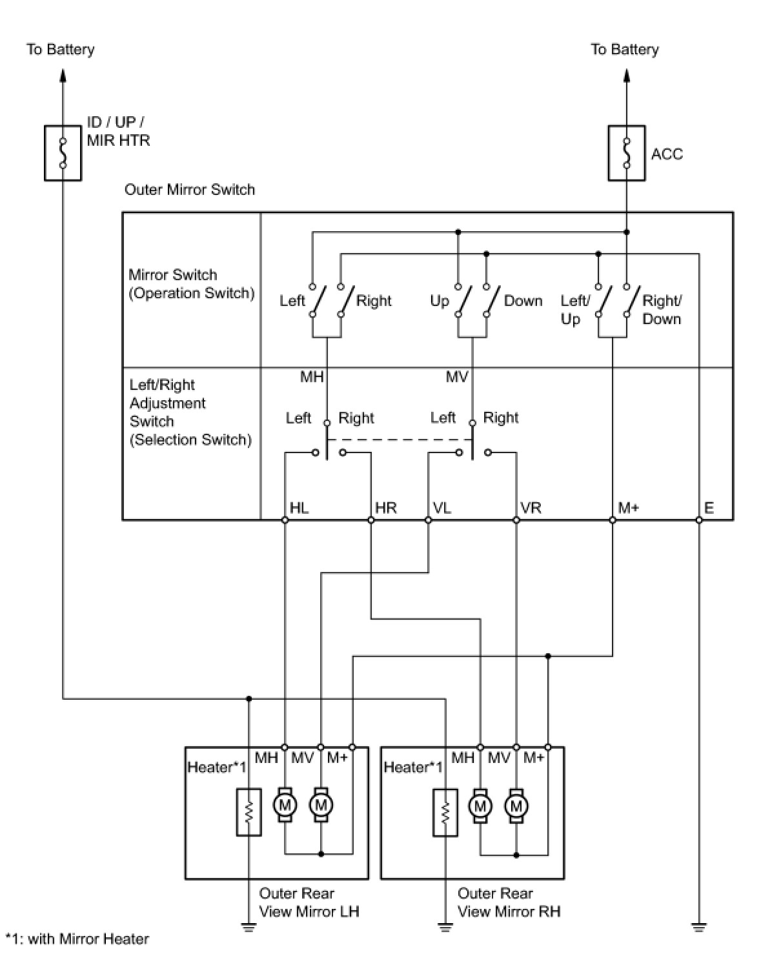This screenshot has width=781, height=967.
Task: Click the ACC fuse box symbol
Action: point(626,153)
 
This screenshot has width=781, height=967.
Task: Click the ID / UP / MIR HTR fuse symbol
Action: point(63,153)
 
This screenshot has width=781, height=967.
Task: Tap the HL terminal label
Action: point(299,507)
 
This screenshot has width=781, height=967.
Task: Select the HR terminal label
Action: point(386,507)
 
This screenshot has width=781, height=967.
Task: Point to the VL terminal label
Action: point(442,507)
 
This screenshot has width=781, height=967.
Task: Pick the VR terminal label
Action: point(531,507)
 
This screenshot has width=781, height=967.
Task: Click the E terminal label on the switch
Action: point(709,507)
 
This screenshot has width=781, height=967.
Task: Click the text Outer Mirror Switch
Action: point(189,189)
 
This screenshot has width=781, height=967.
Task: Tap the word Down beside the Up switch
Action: point(523,301)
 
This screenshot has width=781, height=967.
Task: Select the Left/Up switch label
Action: point(575,310)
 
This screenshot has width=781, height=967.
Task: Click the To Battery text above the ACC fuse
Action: point(624,50)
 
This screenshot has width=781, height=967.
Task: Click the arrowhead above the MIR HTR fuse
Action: point(63,76)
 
